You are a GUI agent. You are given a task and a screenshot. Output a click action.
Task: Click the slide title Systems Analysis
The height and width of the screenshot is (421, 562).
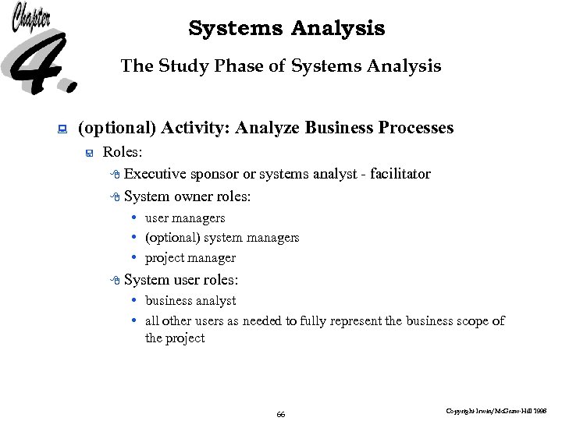(x=286, y=29)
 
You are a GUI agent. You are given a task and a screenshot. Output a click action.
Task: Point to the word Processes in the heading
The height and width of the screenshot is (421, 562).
(x=414, y=128)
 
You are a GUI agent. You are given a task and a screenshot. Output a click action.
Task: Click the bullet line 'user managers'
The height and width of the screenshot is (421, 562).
(x=185, y=218)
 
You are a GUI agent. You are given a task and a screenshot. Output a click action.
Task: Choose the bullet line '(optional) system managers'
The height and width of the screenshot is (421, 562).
(x=222, y=238)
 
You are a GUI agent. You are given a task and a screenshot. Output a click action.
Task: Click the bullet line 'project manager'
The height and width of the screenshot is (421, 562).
(x=190, y=258)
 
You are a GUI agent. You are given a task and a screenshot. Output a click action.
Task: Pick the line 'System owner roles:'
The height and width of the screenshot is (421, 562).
(x=187, y=196)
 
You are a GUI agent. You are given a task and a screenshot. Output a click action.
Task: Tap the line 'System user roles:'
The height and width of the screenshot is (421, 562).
(x=181, y=280)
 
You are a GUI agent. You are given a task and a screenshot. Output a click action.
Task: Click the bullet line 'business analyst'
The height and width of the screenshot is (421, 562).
(x=190, y=301)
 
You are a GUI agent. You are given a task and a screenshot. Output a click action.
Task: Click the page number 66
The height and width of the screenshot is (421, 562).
(x=281, y=414)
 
